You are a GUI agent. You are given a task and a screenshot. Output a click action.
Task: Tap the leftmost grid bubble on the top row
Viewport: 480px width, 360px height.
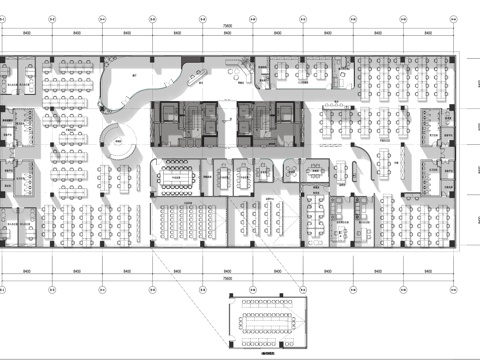tap(3, 17)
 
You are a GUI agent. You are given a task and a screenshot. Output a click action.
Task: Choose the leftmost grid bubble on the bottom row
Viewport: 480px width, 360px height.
tap(3, 291)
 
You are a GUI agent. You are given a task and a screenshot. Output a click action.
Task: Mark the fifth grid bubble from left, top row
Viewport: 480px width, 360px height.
tap(203, 17)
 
